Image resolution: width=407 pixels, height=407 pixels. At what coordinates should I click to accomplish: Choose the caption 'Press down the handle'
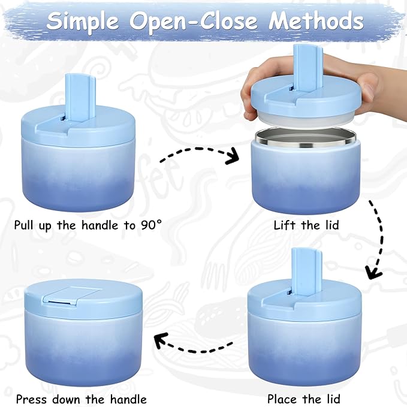click(81, 399)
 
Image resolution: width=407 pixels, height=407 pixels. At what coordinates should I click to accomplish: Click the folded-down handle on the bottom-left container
click(74, 293)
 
